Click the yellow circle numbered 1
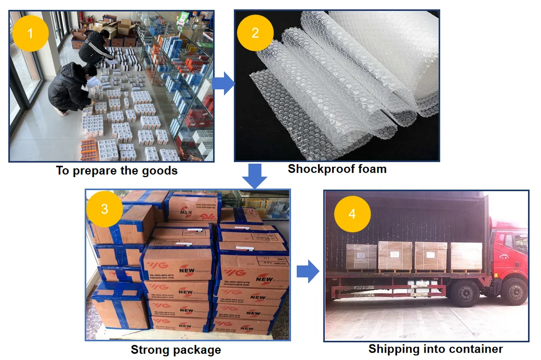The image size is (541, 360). [30, 34]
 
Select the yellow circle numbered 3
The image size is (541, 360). [104, 209]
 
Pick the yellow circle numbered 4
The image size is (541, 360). [352, 214]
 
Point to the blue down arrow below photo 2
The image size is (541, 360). [255, 176]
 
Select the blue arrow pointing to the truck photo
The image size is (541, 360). [307, 271]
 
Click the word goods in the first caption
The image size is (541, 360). [160, 170]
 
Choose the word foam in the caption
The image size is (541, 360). [371, 168]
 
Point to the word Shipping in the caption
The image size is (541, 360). [393, 349]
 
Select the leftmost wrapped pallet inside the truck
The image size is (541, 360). [361, 257]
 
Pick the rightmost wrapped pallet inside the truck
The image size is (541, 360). [466, 256]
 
